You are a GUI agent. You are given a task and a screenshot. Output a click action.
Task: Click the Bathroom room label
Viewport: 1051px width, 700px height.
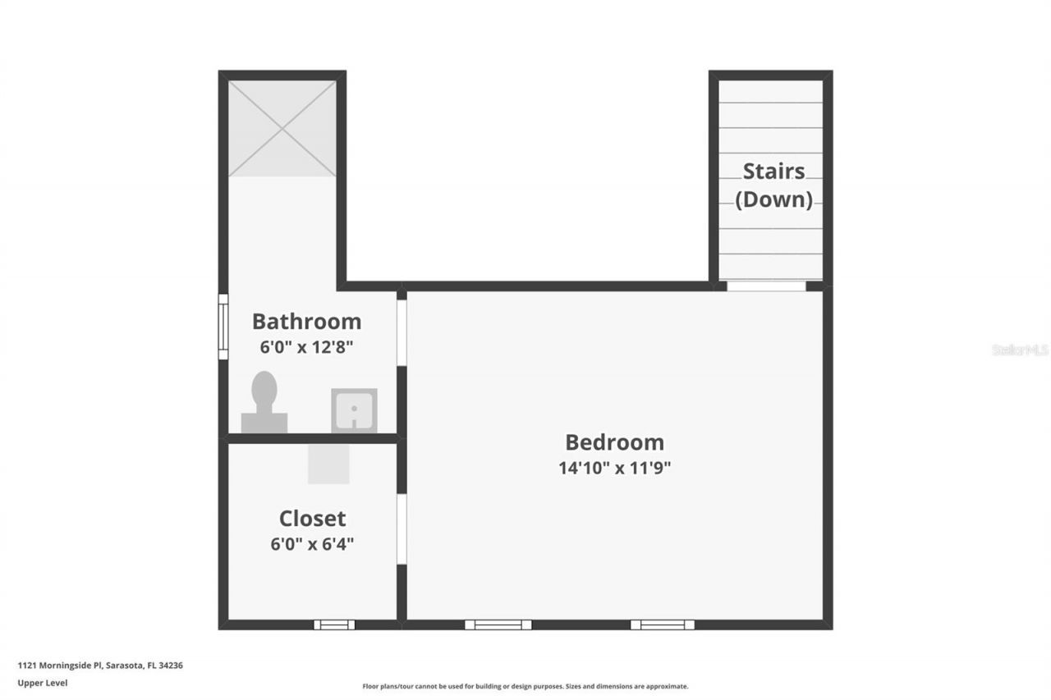click(x=306, y=321)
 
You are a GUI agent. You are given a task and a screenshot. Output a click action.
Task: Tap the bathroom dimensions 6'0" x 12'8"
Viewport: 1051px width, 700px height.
click(x=306, y=346)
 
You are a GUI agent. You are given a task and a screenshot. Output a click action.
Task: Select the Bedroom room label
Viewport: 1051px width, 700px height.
click(x=614, y=442)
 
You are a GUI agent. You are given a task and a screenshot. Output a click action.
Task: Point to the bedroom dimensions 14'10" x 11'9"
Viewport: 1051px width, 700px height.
click(x=614, y=468)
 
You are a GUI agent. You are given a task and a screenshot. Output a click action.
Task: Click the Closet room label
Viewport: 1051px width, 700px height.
click(x=312, y=519)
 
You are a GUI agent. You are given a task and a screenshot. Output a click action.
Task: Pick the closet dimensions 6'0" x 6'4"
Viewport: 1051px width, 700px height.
click(x=312, y=543)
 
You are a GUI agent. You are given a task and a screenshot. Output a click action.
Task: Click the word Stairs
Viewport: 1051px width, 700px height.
click(x=773, y=172)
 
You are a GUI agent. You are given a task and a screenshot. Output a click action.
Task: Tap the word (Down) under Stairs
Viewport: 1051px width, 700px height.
click(x=773, y=199)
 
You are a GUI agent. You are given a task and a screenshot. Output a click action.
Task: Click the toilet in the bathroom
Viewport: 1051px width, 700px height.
click(x=264, y=401)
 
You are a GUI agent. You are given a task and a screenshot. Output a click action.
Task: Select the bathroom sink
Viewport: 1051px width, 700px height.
click(x=354, y=409)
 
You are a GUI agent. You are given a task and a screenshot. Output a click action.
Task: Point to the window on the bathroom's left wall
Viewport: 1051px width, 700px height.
click(x=223, y=327)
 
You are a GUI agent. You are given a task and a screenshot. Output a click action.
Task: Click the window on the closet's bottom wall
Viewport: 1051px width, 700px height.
click(x=334, y=625)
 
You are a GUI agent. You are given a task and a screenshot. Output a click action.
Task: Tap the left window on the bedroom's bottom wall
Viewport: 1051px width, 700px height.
click(x=498, y=625)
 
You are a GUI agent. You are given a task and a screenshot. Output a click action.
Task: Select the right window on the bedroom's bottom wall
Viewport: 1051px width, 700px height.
click(x=662, y=625)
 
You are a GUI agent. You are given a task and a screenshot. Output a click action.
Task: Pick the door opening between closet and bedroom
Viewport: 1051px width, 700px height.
click(x=402, y=528)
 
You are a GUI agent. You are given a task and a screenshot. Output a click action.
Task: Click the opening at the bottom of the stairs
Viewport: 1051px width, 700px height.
click(x=767, y=286)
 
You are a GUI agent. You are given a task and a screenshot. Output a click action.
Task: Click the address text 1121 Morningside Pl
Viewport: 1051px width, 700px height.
click(x=62, y=666)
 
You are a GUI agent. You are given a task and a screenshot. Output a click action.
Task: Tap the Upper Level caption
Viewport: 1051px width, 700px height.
click(x=43, y=683)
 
